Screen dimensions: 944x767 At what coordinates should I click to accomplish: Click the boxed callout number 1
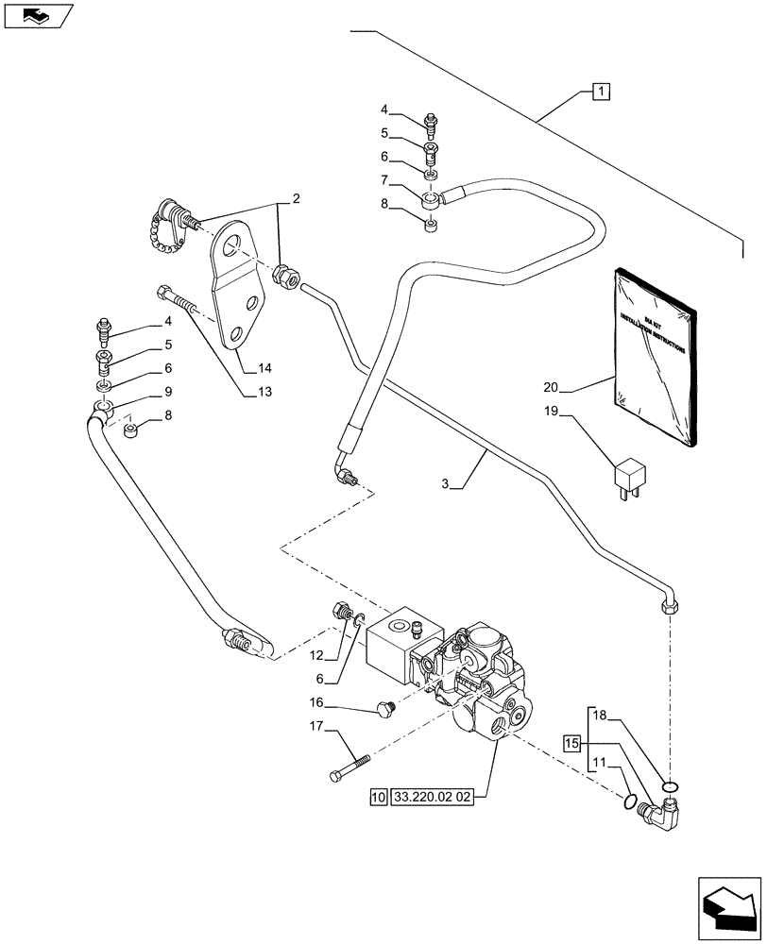click(601, 92)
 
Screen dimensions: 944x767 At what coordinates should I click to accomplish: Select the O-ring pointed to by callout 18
click(670, 786)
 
